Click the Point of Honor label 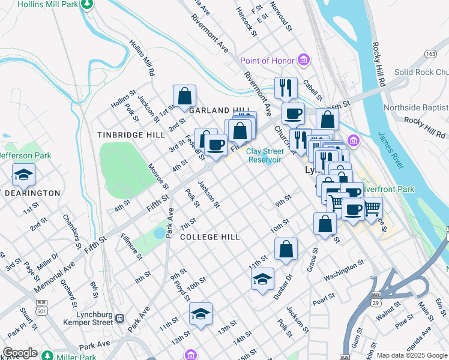pos(267,61)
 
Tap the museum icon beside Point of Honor pos(304,60)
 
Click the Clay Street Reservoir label pos(264,156)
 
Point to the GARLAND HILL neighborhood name pos(210,110)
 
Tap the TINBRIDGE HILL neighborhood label pos(131,135)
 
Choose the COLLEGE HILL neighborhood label pos(210,237)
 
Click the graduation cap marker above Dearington pos(23,175)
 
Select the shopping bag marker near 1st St pos(184,95)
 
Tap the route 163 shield pos(430,53)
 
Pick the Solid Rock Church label pos(421,72)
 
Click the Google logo pos(20,353)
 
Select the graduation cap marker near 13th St pos(200,313)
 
